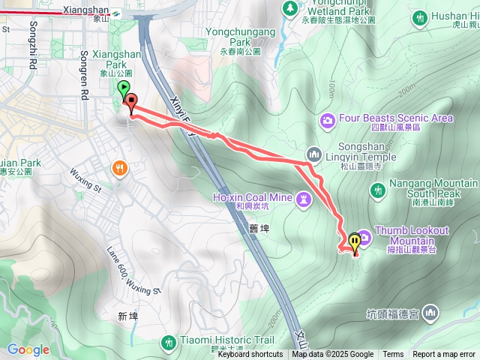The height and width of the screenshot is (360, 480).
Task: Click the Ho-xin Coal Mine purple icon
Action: click(303, 199)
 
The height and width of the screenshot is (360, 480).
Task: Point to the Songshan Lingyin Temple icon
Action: click(313, 153)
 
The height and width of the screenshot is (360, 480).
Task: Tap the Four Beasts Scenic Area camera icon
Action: click(327, 119)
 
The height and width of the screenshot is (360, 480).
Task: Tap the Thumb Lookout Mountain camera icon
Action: click(364, 238)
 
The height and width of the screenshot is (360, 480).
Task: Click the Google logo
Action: click(28, 349)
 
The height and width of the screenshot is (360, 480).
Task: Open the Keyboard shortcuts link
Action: click(250, 355)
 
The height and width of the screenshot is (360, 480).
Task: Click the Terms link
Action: click(393, 355)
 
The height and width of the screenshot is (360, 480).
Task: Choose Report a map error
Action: click(443, 355)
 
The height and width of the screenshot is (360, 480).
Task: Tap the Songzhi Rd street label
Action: click(33, 56)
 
